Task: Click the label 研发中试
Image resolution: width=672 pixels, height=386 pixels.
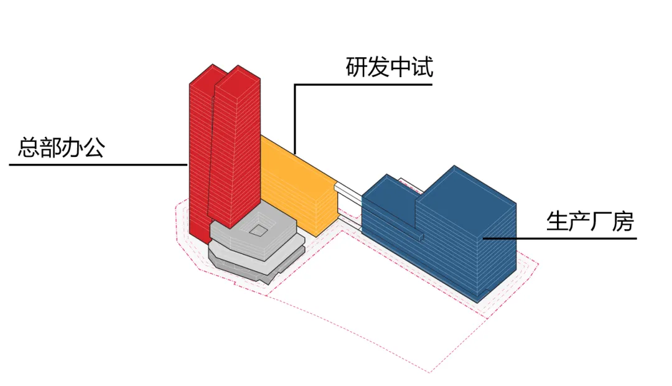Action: pos(389,67)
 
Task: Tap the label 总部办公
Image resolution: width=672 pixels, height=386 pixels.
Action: pos(61,148)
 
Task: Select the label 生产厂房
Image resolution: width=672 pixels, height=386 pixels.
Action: pos(589,221)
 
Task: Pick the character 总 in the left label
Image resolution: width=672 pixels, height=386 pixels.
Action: pos(29,148)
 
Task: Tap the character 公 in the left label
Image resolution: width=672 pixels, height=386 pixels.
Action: pos(93,148)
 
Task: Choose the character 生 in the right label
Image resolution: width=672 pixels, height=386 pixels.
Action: pos(557,221)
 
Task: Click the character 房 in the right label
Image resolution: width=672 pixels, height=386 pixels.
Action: pos(622,221)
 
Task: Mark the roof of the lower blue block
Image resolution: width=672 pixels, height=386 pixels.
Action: pos(389,187)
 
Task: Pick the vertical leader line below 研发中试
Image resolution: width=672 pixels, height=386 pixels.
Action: pos(296,118)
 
